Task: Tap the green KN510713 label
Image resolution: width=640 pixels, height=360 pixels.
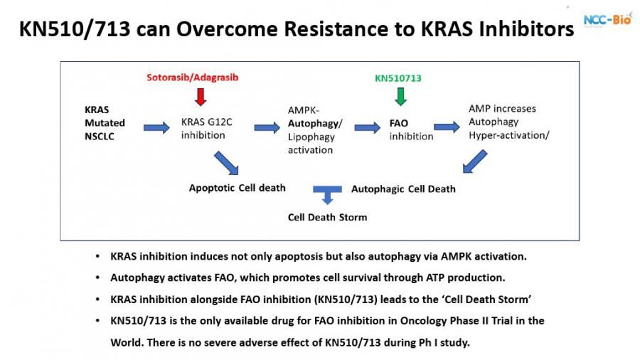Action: [398, 78]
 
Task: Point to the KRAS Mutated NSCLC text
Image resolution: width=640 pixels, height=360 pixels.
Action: [105, 124]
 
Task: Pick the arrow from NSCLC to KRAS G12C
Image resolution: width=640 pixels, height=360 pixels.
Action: [156, 127]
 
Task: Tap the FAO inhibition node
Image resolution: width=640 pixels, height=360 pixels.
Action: [411, 129]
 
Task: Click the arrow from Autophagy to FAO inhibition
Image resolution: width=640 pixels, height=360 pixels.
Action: [367, 127]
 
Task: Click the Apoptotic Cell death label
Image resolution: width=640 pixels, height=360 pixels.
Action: [237, 188]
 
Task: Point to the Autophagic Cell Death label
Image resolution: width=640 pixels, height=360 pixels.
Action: [403, 189]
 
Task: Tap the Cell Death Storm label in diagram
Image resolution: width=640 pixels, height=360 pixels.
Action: [327, 217]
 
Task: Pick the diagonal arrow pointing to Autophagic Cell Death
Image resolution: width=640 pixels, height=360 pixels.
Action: [474, 162]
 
